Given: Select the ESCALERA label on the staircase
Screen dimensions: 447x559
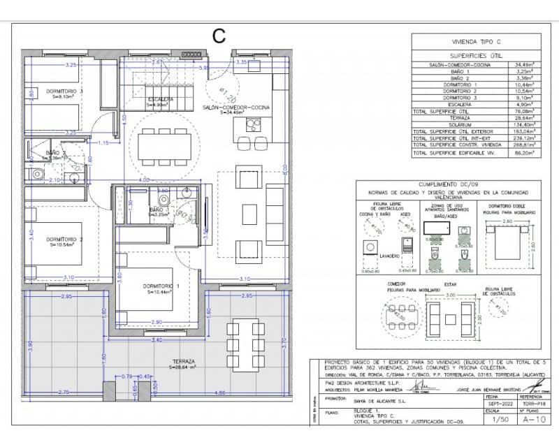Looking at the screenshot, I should pyautogui.click(x=160, y=99).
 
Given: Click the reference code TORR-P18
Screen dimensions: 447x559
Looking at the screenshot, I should pyautogui.click(x=533, y=404).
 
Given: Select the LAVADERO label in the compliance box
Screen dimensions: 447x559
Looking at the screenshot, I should pyautogui.click(x=390, y=256).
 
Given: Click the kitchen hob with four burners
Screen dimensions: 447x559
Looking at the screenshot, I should pyautogui.click(x=253, y=126).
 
